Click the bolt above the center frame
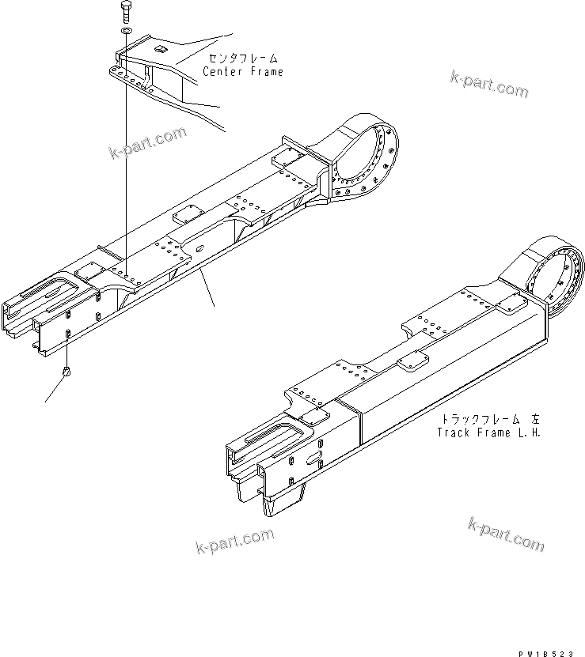pos(126,12)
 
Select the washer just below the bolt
pos(126,31)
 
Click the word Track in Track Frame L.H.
pos(454,432)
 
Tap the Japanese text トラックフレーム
pos(480,419)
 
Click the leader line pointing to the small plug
pos(54,388)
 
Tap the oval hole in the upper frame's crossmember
pos(199,250)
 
